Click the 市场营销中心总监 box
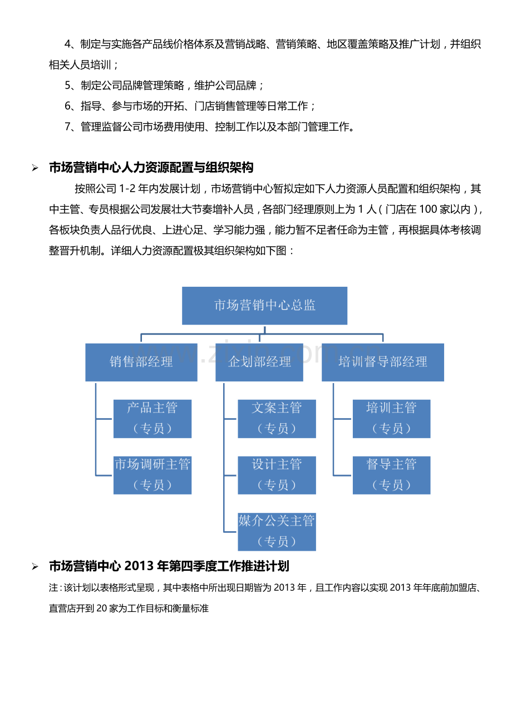click(264, 305)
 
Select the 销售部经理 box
click(141, 362)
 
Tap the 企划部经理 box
click(259, 362)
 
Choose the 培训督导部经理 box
click(383, 362)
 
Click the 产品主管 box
click(152, 419)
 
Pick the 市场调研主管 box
click(152, 475)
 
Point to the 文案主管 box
click(277, 419)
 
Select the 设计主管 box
click(277, 475)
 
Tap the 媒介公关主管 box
click(277, 531)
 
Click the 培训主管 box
click(391, 419)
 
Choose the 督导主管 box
click(391, 475)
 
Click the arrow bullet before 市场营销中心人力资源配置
click(35, 168)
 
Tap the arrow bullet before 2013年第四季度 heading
click(35, 566)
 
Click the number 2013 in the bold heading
click(139, 566)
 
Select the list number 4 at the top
click(67, 44)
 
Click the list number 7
click(67, 126)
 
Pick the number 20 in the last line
click(101, 608)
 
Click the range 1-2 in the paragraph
click(127, 188)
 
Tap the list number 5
click(67, 85)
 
